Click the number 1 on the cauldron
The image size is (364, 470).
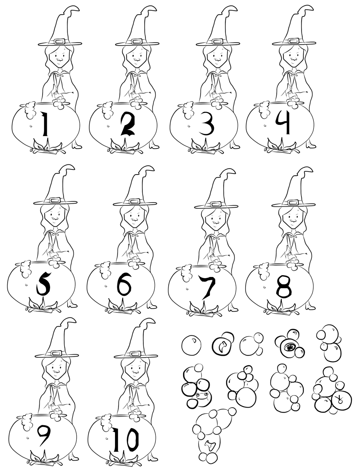44,125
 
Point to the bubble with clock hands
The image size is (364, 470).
341,399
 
